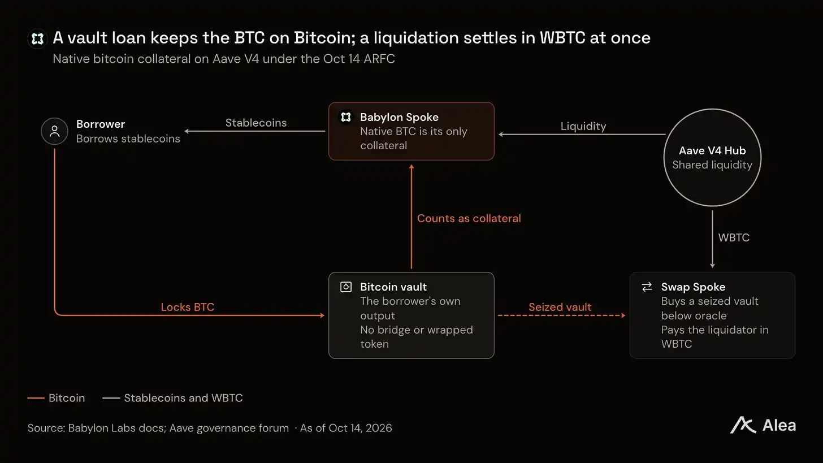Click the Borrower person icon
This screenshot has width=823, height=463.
coord(54,131)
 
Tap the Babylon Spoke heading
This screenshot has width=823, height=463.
coord(399,117)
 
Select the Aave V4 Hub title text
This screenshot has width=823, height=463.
coord(712,150)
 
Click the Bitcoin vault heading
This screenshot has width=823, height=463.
coord(393,287)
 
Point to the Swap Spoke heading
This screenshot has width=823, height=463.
coord(693,287)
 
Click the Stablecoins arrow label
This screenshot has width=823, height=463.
coord(255,123)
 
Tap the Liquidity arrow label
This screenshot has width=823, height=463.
coord(583,127)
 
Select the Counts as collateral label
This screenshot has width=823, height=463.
coord(469,218)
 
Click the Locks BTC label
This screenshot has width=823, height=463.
coord(188,307)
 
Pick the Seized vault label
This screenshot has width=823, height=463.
coord(560,307)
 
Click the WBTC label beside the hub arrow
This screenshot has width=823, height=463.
coord(734,237)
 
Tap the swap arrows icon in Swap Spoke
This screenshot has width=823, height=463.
coord(647,287)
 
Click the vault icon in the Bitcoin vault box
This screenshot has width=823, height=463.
coord(346,287)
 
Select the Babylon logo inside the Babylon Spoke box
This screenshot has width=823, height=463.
coord(346,117)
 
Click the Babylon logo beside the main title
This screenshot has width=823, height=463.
coord(37,38)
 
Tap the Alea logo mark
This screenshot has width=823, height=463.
coord(743,425)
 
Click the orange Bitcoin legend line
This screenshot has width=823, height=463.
coord(36,398)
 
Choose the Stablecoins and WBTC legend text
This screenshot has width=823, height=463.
coord(183,398)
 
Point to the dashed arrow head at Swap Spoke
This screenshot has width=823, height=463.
coord(623,315)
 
